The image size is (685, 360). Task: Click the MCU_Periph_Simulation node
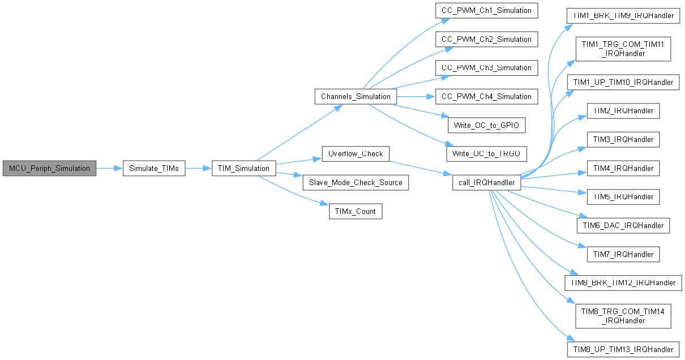49,168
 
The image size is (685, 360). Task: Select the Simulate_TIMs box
154,168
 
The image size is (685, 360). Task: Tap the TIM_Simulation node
244,168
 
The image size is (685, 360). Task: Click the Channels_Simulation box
356,96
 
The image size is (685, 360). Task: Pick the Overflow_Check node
356,153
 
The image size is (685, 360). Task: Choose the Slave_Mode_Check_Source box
356,182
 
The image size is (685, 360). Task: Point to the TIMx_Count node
356,211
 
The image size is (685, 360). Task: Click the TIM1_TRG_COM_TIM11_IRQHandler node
623,49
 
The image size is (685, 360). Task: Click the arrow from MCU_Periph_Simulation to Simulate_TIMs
109,168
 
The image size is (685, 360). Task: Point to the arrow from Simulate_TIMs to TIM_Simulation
198,168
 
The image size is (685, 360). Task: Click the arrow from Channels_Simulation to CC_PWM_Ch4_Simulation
416,96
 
